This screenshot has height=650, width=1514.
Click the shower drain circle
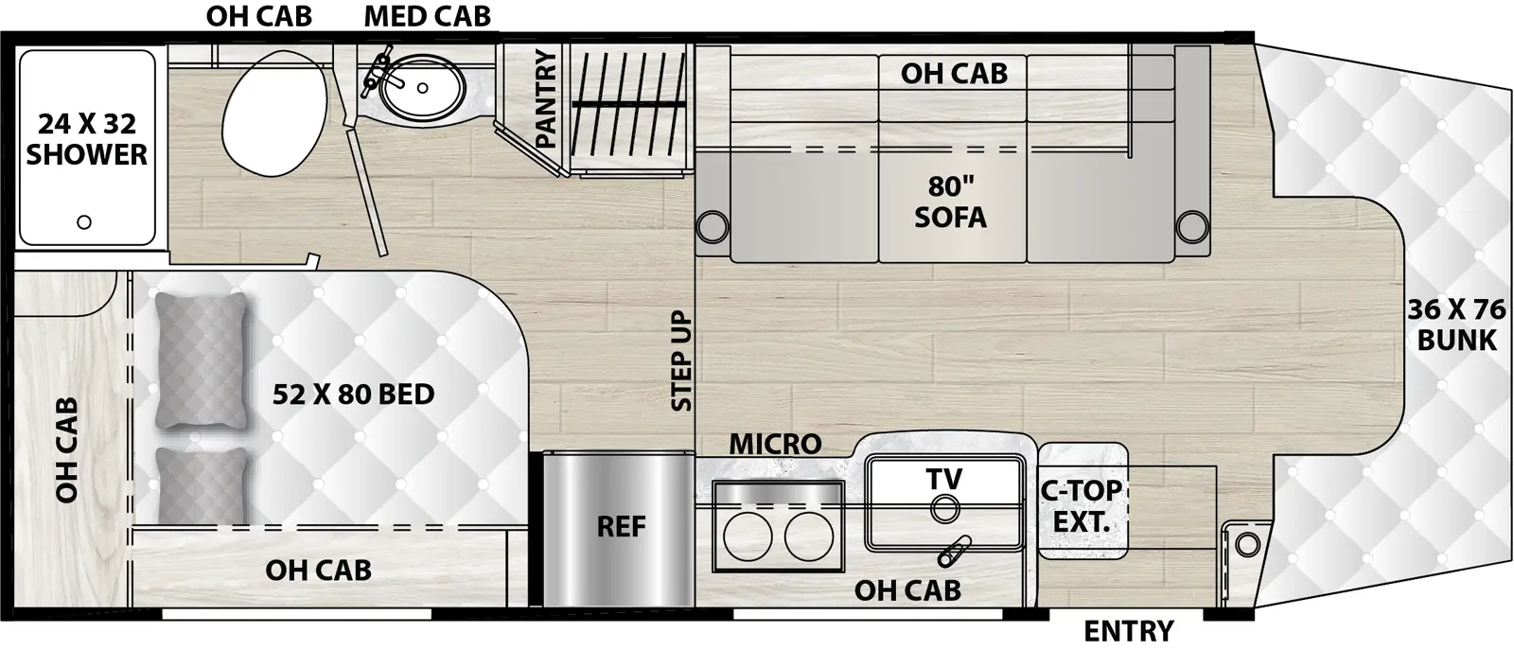(x=84, y=222)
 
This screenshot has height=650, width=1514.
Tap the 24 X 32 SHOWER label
(x=86, y=139)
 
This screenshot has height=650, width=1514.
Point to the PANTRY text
(x=546, y=99)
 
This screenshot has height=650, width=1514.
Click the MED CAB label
(x=427, y=16)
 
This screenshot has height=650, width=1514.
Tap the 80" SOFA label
(x=950, y=202)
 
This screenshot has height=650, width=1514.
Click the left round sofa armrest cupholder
(x=712, y=227)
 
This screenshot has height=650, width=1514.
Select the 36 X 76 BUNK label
(x=1456, y=325)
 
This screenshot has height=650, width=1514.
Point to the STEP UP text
(x=681, y=360)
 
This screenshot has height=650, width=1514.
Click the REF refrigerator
(x=620, y=527)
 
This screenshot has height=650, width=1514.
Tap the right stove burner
(x=808, y=536)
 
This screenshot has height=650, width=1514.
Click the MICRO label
(x=774, y=443)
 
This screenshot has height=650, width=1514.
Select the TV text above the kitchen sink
(x=943, y=479)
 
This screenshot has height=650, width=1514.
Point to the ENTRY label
(x=1128, y=630)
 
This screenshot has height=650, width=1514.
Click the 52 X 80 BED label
(x=353, y=394)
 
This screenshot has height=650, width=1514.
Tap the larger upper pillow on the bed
(x=201, y=360)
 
